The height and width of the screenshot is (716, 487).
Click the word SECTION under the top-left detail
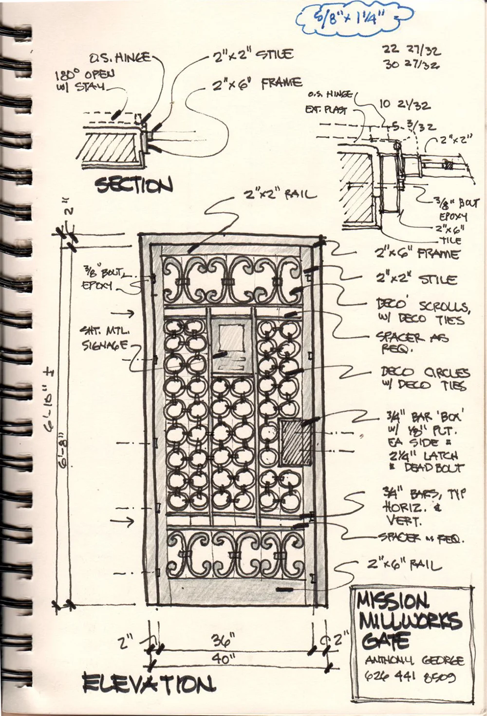click(x=133, y=185)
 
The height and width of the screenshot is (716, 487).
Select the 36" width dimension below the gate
click(x=224, y=641)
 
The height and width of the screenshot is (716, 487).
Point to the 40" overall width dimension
click(x=224, y=658)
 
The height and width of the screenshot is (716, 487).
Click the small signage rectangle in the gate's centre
click(x=231, y=337)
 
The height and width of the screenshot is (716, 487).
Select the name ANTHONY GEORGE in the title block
click(x=414, y=661)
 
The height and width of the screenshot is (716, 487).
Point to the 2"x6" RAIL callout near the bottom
click(x=404, y=565)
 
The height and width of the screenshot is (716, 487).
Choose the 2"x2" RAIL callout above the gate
click(x=280, y=195)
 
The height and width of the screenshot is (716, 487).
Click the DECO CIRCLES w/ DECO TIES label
click(x=425, y=379)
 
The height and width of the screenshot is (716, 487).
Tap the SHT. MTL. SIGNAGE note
click(x=105, y=338)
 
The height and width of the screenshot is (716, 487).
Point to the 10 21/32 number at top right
click(x=405, y=105)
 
